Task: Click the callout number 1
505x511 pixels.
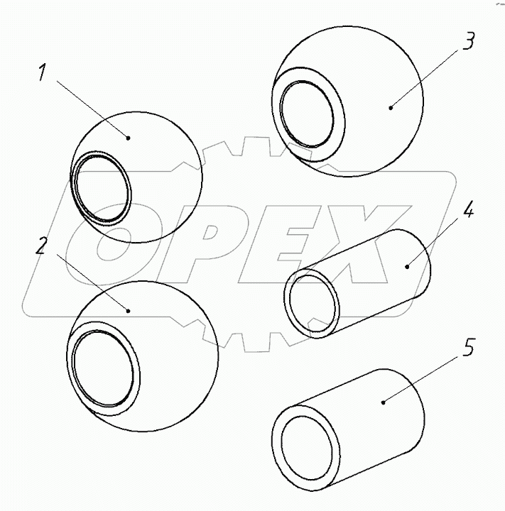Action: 41,72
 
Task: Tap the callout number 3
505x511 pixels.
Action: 469,40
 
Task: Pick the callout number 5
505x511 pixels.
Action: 468,347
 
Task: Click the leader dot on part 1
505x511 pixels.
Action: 129,138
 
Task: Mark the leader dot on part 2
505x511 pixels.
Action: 129,311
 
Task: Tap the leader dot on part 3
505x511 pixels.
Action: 391,107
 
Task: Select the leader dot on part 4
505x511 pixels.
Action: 407,267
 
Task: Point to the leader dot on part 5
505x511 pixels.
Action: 384,402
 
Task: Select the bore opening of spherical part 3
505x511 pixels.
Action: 308,114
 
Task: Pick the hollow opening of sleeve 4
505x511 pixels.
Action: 313,304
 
